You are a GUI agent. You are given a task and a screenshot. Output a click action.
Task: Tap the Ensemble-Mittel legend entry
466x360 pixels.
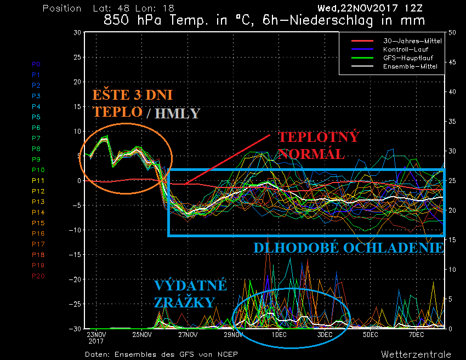click(x=406, y=66)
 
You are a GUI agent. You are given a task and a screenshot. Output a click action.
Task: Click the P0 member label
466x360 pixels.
click(x=36, y=64)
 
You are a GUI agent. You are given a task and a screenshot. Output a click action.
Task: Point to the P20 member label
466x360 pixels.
click(x=38, y=276)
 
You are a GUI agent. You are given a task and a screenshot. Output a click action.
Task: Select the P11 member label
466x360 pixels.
click(x=38, y=181)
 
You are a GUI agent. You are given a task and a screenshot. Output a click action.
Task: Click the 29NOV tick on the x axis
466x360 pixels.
click(x=234, y=334)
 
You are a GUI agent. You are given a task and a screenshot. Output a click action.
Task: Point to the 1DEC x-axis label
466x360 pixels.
click(x=279, y=334)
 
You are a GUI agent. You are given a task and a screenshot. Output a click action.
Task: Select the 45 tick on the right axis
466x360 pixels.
click(x=452, y=62)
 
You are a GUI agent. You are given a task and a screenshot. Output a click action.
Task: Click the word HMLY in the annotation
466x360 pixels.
click(x=178, y=113)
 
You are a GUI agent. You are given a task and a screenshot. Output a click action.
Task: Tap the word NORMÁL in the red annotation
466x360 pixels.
click(x=311, y=153)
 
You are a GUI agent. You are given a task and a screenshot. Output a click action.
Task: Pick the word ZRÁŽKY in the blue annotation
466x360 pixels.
click(x=183, y=302)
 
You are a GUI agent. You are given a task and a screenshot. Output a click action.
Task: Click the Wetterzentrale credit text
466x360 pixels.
click(x=417, y=354)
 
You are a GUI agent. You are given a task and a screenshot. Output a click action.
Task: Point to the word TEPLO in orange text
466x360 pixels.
click(x=117, y=112)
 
